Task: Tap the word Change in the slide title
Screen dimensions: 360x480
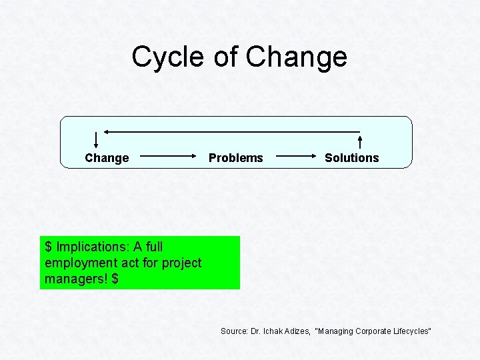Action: coord(296,57)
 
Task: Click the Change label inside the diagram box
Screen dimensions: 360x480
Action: coord(107,158)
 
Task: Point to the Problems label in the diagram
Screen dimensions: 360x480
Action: coord(236,158)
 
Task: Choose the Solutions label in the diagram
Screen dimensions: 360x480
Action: coord(351,158)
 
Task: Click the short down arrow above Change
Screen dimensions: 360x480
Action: coord(96,139)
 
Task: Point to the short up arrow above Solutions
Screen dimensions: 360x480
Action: coord(361,141)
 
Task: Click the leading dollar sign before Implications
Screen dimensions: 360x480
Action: coord(48,247)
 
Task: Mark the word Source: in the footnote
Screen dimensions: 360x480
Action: coord(235,331)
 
